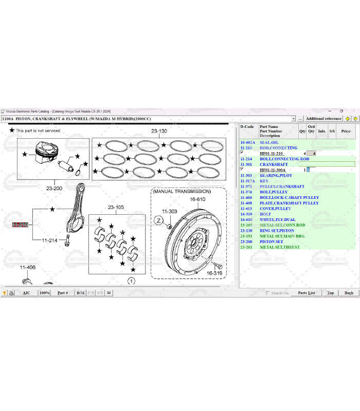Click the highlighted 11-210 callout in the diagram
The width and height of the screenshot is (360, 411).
point(20,225)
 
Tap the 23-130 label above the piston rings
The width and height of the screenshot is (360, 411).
point(159,131)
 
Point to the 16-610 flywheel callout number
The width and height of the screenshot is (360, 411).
point(197,199)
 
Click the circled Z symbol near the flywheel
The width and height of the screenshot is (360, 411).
point(159,220)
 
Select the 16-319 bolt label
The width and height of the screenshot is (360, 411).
point(214,273)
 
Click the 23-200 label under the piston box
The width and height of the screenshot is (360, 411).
point(54,188)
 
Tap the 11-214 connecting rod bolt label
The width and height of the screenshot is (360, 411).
point(49,240)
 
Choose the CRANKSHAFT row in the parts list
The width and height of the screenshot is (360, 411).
point(274,164)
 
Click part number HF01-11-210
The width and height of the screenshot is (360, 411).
point(271,154)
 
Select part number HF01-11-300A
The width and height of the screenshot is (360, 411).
point(272,170)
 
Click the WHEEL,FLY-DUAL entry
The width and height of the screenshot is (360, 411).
point(277,219)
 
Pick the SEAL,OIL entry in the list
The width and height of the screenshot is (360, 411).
point(269,142)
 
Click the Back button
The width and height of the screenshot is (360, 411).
point(349,293)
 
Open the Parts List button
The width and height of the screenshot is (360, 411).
point(307,293)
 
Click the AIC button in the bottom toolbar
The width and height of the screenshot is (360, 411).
point(26,293)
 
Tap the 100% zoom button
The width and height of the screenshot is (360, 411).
point(44,293)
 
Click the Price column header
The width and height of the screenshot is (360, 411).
point(346,131)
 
